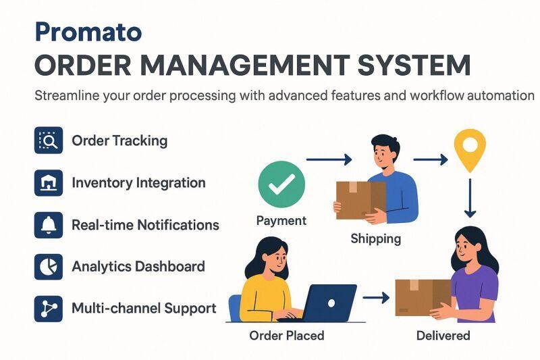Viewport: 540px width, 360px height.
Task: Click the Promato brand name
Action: click(x=88, y=32)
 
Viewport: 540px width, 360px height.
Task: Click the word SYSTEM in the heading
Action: click(x=414, y=65)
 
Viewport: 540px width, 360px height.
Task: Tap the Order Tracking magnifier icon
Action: click(x=49, y=140)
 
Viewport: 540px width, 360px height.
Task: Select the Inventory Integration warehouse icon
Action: click(x=49, y=182)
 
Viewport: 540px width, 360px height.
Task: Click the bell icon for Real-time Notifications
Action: click(x=49, y=225)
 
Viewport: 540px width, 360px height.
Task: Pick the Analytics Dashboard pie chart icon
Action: click(x=49, y=267)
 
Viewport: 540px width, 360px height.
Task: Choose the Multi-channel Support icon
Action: click(x=49, y=309)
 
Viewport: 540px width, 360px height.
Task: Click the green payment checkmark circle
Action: click(x=281, y=184)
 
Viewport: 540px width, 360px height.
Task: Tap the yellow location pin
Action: click(x=470, y=150)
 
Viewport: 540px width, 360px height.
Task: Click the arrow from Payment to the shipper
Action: click(x=329, y=159)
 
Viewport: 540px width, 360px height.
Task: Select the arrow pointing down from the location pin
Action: click(x=470, y=198)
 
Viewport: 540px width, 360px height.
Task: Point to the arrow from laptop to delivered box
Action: click(x=376, y=297)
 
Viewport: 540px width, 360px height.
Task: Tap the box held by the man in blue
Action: click(x=360, y=200)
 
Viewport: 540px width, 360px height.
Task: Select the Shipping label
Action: click(x=376, y=238)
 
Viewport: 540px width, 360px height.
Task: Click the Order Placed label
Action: click(x=287, y=336)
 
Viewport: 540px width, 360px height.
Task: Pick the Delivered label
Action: click(x=443, y=336)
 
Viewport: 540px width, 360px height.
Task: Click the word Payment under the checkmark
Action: click(x=281, y=221)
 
